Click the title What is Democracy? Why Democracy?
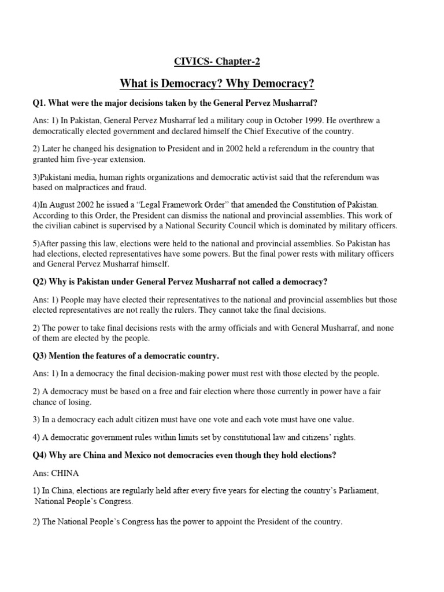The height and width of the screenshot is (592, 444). pos(217,84)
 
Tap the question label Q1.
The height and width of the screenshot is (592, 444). pos(39,103)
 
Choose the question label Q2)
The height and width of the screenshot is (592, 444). pos(42,282)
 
